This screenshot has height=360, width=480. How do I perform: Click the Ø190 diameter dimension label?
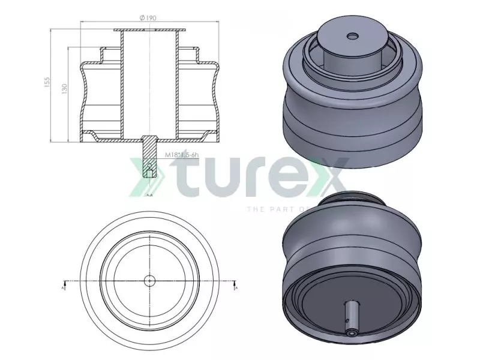[148, 19]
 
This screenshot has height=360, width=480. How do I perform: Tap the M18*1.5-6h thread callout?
[182, 155]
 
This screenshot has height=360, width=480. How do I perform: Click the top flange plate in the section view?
[149, 30]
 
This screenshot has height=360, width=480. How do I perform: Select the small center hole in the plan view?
[149, 280]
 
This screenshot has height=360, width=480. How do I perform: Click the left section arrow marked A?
[64, 284]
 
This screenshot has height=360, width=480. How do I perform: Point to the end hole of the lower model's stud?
[350, 329]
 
